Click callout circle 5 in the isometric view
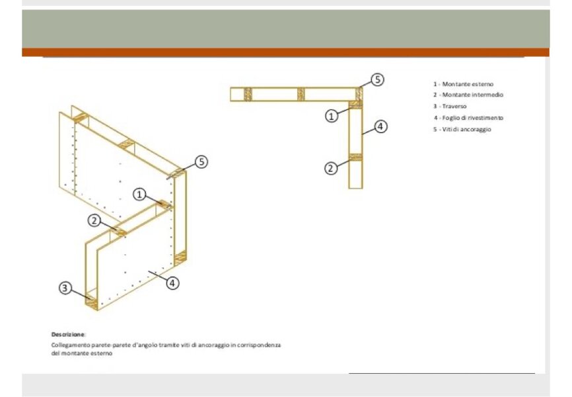201,161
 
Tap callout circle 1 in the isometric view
139,194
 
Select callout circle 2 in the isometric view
94,220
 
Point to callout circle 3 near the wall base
65,288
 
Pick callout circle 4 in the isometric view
172,283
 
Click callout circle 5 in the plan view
378,79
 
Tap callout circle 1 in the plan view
331,116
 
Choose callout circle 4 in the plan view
380,126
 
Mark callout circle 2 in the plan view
331,168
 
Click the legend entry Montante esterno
463,84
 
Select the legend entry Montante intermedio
468,95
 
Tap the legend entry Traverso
450,107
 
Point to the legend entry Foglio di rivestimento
469,118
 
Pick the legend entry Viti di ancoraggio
462,130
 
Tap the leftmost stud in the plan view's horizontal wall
248,95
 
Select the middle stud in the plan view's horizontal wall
301,95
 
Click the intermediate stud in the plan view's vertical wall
355,157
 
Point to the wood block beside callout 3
92,303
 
